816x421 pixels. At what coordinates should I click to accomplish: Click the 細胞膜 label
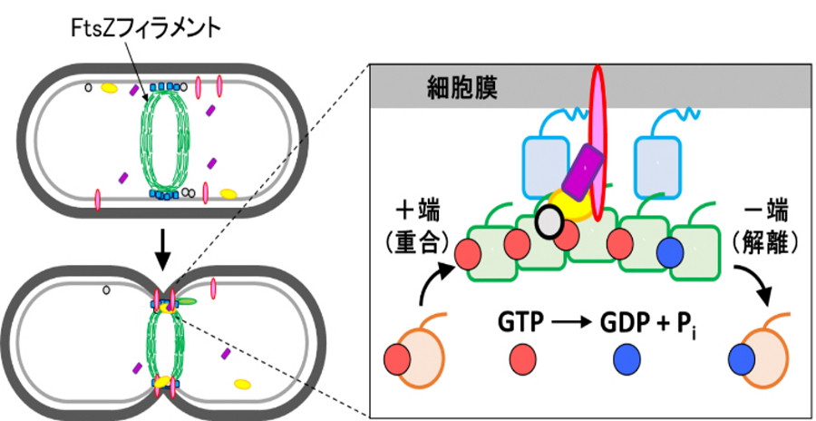(461, 88)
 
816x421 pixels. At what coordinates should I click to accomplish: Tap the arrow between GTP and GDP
(574, 322)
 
